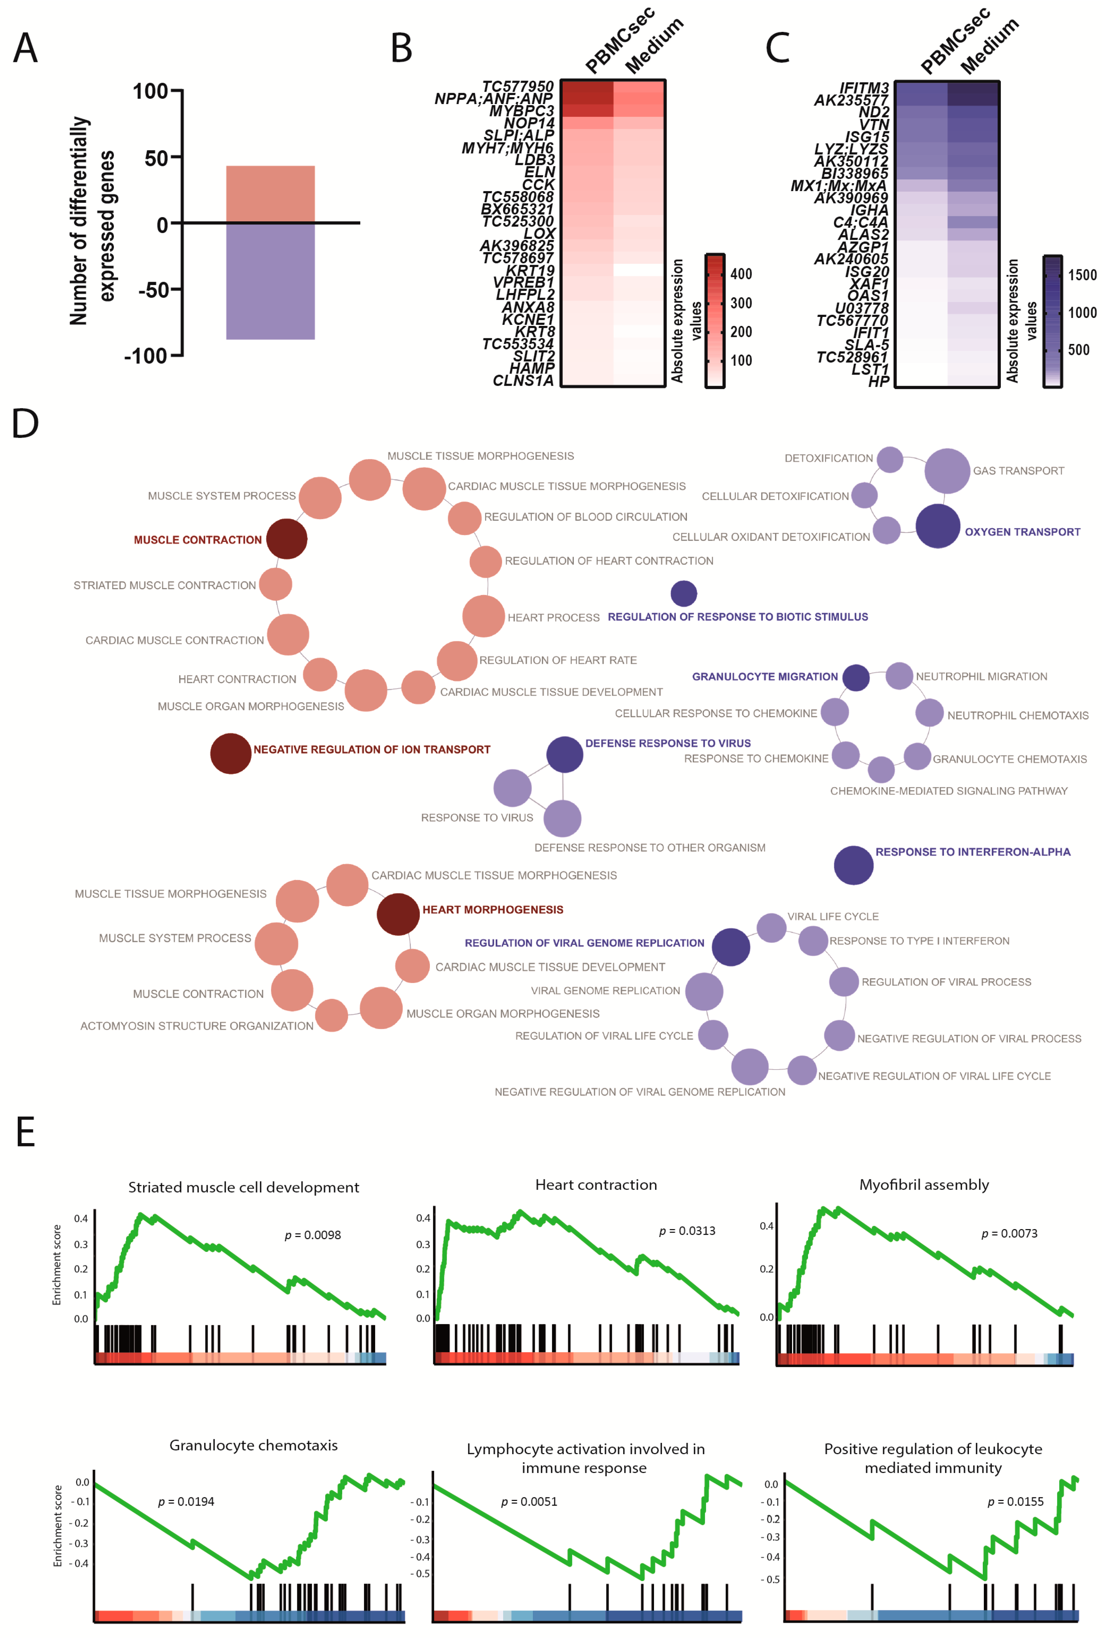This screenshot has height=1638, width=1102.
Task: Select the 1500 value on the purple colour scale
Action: [x=1082, y=275]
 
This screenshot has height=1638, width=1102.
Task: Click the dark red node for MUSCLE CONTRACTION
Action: [x=287, y=539]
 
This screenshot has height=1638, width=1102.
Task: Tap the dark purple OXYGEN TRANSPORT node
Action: [x=937, y=526]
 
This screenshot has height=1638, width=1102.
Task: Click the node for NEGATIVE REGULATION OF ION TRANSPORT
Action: [x=231, y=753]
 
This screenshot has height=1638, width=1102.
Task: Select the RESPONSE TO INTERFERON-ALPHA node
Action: [x=853, y=865]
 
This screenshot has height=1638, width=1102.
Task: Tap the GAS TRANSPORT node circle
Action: [x=947, y=471]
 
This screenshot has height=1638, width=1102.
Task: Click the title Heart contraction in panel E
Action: [x=596, y=1185]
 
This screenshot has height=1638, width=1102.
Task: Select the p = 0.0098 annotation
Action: [x=313, y=1234]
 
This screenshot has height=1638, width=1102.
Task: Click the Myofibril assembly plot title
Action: [x=924, y=1185]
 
